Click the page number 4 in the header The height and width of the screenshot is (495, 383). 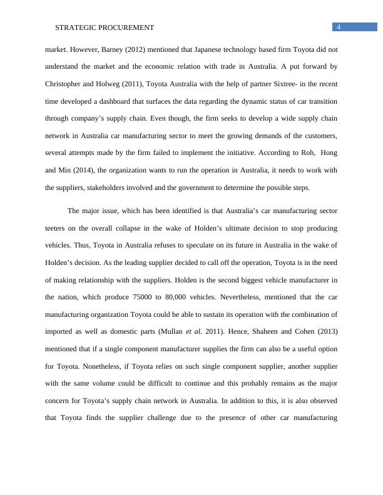[339, 27]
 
